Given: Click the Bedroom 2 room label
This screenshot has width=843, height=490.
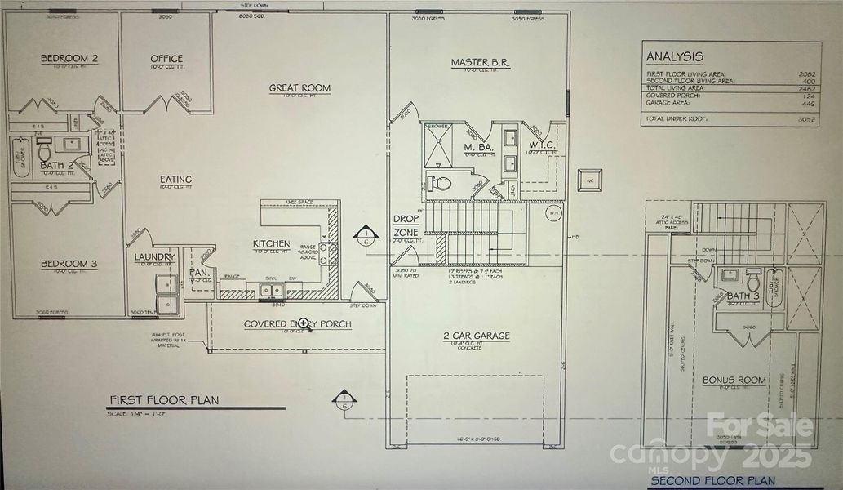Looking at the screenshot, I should coord(69,58).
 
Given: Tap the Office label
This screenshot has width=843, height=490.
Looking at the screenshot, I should coord(166,58).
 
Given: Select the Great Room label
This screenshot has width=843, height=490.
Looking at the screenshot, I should coord(300,87).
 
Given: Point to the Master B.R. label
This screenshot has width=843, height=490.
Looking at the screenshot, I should coord(481,62).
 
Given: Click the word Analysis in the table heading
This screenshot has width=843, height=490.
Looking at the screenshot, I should coord(674,56).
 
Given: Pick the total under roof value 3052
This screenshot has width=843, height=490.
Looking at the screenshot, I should coord(805,119).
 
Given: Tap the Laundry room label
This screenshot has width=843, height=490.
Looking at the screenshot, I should coord(157,257).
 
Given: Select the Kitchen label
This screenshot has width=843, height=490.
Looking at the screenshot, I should coord(271,243).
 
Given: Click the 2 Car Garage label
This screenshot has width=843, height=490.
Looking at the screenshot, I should coord(476,335).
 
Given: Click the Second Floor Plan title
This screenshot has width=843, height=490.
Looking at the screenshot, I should coord(713,481).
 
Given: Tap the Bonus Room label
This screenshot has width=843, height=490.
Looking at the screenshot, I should coord(734,380).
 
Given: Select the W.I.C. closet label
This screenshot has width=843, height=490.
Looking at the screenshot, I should coord(542,147).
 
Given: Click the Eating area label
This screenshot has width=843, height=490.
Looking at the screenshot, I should coord(175,180).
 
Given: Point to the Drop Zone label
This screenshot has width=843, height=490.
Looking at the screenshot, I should coord(406,226).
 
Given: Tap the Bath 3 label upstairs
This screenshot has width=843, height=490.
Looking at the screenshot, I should coord(743,296).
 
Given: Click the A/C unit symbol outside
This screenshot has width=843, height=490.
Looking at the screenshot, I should coord(588,179).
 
